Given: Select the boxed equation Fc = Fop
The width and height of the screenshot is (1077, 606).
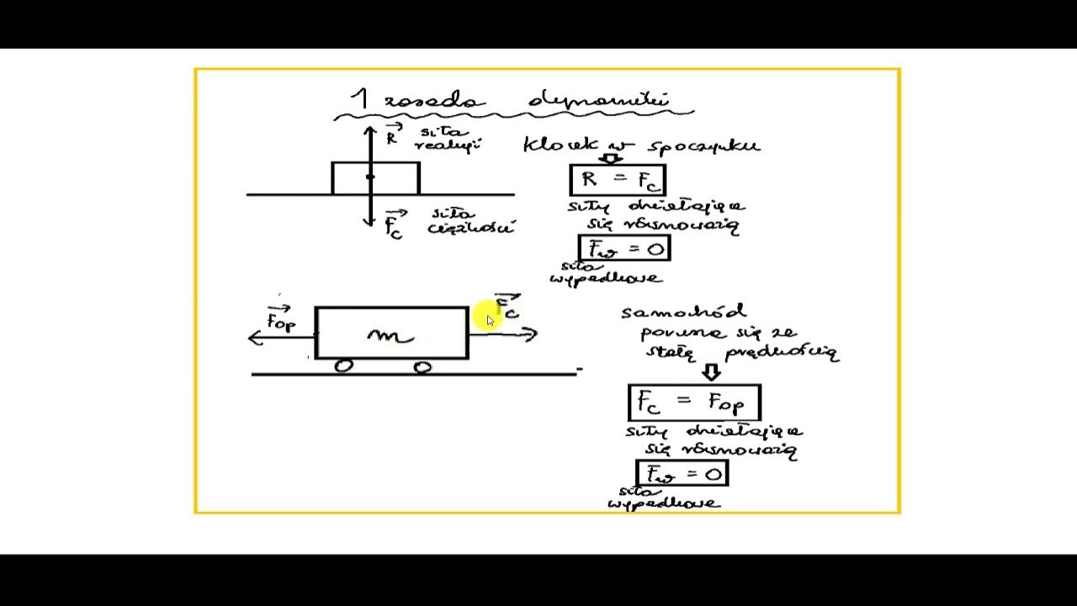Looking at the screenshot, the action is point(694,402).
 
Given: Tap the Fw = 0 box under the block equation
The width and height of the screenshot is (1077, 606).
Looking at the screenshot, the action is point(624,248).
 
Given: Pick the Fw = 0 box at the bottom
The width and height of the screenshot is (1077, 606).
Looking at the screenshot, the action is point(682,474).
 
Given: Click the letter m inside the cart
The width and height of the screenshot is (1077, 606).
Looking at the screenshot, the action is point(390,336).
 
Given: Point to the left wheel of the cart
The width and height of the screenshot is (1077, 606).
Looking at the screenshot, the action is point(343,366).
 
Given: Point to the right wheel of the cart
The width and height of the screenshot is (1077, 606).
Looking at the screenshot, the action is point(422,366).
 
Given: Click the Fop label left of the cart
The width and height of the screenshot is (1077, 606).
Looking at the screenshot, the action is point(280,320).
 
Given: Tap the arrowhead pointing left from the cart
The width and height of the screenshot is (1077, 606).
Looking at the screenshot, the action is point(255,338).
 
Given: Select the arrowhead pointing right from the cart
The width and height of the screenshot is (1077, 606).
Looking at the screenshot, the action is point(530,334).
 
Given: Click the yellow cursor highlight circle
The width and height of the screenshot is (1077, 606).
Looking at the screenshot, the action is point(485,316).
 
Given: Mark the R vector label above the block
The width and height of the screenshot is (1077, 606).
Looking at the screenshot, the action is point(392,135).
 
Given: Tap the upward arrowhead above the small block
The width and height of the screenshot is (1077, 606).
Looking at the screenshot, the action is point(370,131).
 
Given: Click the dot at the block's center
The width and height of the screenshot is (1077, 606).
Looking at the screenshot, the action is point(370,177).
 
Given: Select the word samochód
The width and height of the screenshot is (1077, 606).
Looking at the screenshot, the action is point(683,312).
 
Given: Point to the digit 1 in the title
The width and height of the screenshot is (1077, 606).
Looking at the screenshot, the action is point(360,99).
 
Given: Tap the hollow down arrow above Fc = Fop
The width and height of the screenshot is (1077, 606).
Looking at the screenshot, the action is point(712,372).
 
